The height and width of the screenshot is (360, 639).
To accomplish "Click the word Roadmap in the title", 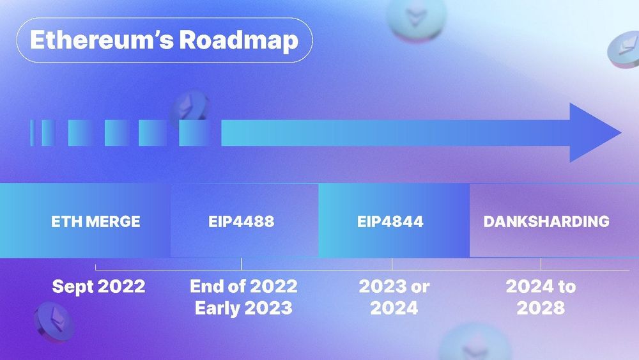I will coord(238,40).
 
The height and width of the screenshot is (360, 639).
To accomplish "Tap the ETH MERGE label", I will coord(96,222).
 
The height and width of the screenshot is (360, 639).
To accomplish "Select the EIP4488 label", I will coord(241,222).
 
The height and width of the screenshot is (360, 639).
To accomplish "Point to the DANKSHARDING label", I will coord(546,222).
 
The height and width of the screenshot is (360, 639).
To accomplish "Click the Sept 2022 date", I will coord(98,286).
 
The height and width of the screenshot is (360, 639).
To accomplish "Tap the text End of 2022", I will coord(243,286).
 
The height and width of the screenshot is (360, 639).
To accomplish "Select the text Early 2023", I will coord(243,308).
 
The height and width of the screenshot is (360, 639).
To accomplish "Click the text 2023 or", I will coord(394,286).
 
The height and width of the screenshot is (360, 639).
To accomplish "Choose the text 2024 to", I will coord(541,286).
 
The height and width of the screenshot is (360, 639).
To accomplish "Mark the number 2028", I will coord(541,308).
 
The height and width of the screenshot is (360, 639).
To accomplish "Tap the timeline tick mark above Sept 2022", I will coord(95,267).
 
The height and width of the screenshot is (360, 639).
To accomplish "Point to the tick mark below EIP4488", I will coord(241,263).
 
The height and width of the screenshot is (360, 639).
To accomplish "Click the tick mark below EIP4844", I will coord(392,263).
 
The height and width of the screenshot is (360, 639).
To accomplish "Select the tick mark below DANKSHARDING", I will coord(541,263).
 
